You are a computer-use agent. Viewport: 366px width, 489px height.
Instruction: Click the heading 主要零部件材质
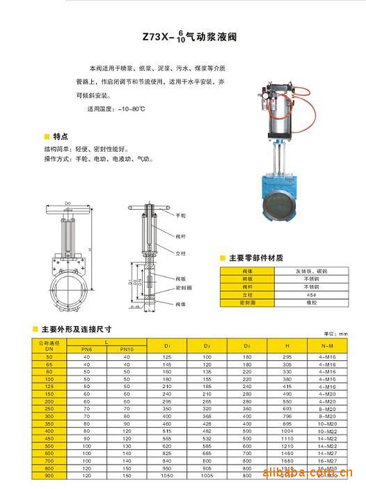255,258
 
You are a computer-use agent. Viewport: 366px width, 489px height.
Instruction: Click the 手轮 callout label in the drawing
181,216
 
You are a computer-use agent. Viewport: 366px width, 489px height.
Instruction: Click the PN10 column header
127,349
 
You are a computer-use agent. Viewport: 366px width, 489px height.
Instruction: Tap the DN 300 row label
49,416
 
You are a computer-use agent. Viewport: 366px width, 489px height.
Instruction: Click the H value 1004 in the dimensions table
287,432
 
